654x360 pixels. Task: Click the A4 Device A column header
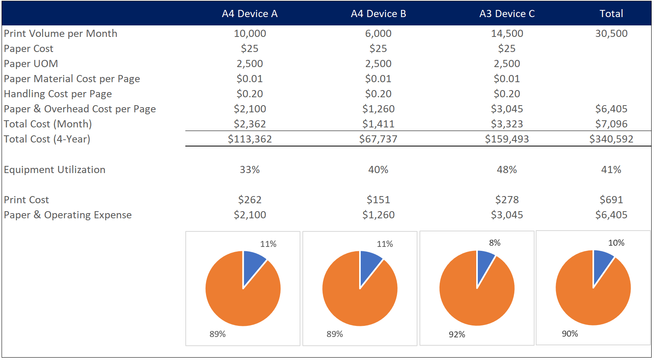coord(250,14)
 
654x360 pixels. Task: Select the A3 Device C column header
coord(507,14)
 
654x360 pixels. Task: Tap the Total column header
coord(611,14)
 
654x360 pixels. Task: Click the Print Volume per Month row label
coord(61,34)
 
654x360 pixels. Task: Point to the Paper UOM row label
coord(31,64)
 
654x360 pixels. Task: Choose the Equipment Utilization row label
coord(55,170)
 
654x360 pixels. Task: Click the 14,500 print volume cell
coord(507,34)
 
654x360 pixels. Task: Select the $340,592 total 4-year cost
coord(611,139)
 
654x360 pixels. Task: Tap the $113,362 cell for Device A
coord(250,139)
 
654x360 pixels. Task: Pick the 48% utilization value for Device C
coord(507,170)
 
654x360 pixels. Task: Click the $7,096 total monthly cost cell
coord(611,124)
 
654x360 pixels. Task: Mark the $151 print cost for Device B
coord(378,200)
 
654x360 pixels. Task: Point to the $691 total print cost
coord(611,200)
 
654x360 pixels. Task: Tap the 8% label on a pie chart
coord(494,243)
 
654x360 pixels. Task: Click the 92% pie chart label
coord(457,335)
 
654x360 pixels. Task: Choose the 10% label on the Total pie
coord(616,243)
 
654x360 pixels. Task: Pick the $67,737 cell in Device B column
coord(378,139)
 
